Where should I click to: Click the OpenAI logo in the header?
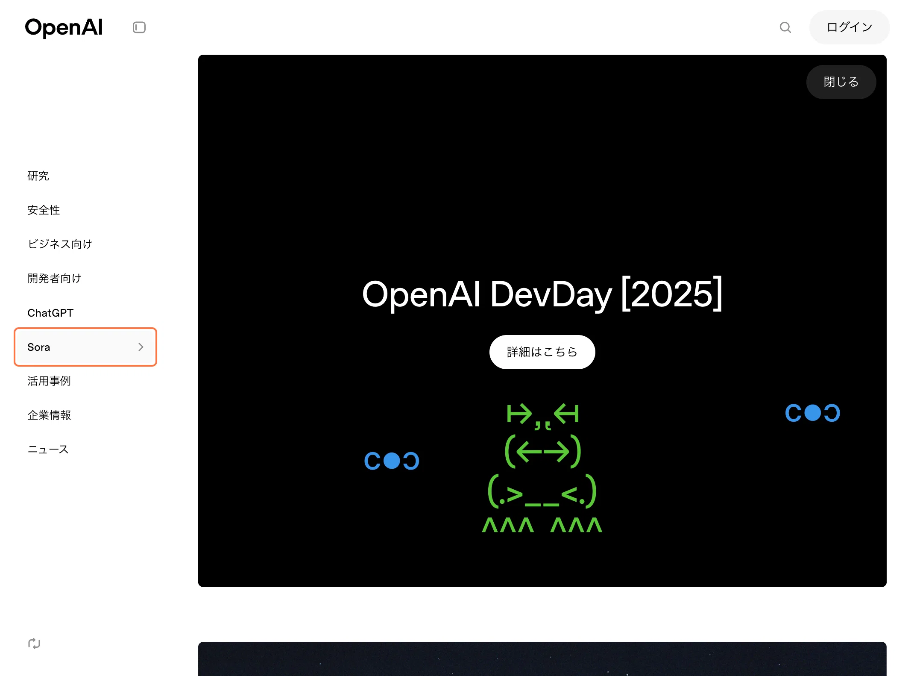pyautogui.click(x=64, y=28)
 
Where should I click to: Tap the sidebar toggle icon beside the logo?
pyautogui.click(x=139, y=27)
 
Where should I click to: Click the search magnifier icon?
pyautogui.click(x=785, y=27)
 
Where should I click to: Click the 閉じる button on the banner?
pyautogui.click(x=841, y=82)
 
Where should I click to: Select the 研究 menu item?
pyautogui.click(x=38, y=176)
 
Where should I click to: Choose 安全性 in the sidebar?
pyautogui.click(x=44, y=210)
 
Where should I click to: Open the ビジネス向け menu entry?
pyautogui.click(x=60, y=244)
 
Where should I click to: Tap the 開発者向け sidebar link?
pyautogui.click(x=54, y=279)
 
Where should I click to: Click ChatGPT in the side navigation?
pyautogui.click(x=50, y=313)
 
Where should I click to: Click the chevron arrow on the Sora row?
pyautogui.click(x=141, y=347)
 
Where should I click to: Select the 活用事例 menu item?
pyautogui.click(x=49, y=381)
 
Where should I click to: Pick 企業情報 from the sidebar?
pyautogui.click(x=49, y=415)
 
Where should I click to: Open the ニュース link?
pyautogui.click(x=48, y=450)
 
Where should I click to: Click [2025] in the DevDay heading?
pyautogui.click(x=671, y=294)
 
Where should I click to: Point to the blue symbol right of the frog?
pyautogui.click(x=813, y=413)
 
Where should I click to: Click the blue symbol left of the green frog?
pyautogui.click(x=392, y=461)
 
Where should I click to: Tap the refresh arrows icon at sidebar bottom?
pyautogui.click(x=34, y=644)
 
